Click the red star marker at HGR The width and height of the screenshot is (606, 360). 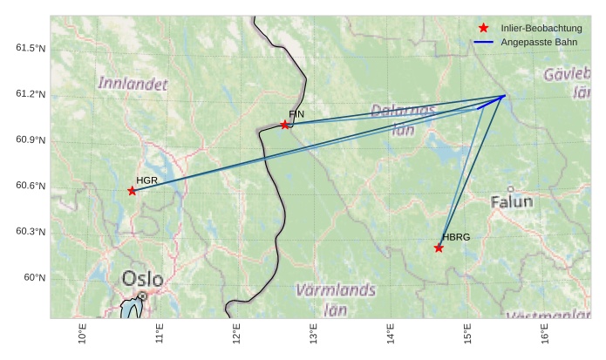pos(132,191)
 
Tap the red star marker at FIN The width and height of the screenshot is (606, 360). pos(285,125)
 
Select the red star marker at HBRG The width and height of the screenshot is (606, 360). pos(439,248)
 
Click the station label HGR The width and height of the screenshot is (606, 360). pos(146,180)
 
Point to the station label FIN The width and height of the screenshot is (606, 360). pos(296,114)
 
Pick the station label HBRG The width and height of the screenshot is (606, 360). pos(456,237)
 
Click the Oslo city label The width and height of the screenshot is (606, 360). pos(142,279)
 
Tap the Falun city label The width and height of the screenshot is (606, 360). pos(511,202)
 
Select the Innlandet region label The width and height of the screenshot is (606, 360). pos(133,84)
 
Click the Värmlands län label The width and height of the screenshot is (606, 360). pos(337,298)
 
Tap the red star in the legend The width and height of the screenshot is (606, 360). pos(483,29)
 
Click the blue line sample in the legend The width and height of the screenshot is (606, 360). pos(484,43)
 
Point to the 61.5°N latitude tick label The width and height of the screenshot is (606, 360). pos(30,48)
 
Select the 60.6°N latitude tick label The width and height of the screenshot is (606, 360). pos(30,186)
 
